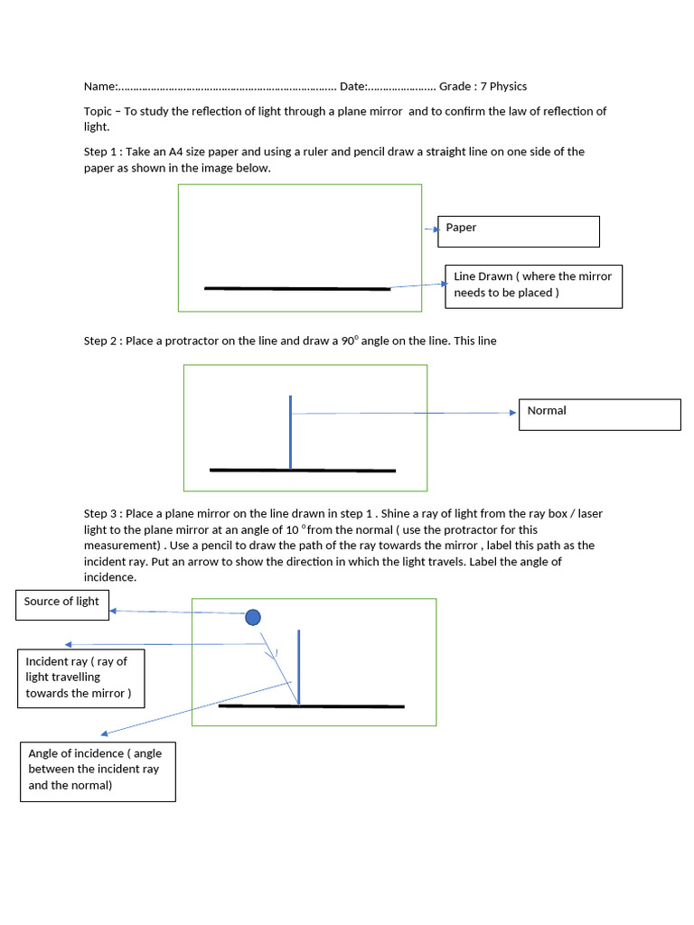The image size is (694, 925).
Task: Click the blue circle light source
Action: tap(253, 617)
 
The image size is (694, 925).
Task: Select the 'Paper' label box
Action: tap(518, 231)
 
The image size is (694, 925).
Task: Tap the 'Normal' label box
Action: tap(599, 415)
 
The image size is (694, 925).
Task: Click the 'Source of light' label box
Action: tap(62, 605)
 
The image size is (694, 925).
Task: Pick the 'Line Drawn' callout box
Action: tap(533, 286)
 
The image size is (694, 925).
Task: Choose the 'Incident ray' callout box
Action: tap(81, 677)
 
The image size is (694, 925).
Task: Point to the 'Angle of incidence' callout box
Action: tap(98, 771)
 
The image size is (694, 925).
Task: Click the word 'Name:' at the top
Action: tap(100, 87)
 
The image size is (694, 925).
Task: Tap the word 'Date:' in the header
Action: tap(353, 87)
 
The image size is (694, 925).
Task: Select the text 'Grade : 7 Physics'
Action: tap(483, 87)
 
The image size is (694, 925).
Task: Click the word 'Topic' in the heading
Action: tap(98, 111)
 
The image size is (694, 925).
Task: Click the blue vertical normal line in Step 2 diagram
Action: tap(290, 432)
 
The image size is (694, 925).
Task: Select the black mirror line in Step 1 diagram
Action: tap(297, 288)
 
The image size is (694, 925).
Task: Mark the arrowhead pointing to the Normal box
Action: tap(513, 413)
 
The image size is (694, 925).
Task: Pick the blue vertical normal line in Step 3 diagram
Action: tap(298, 667)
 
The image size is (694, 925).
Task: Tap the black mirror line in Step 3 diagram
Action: tap(312, 706)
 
